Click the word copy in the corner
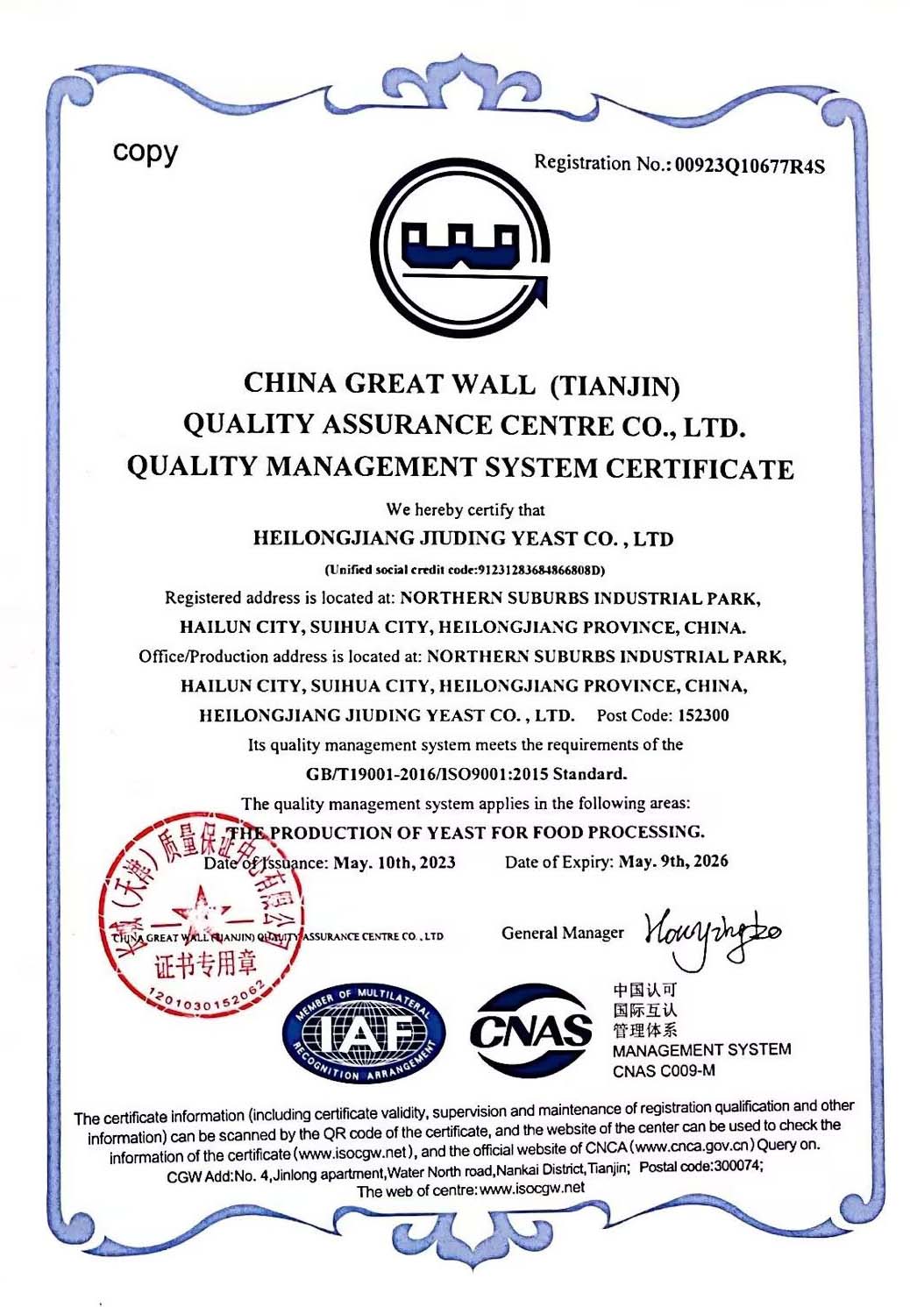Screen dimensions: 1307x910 click(145, 153)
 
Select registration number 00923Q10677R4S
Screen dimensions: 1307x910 click(750, 165)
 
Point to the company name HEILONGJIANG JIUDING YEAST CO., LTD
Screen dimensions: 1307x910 click(463, 538)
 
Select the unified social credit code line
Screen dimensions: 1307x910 click(465, 570)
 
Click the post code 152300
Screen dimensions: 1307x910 click(703, 715)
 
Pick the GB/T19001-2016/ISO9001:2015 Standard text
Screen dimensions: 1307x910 click(466, 774)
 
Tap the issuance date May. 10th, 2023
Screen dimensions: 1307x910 click(394, 863)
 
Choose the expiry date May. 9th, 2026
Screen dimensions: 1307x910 click(672, 862)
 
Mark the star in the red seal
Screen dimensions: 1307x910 click(201, 912)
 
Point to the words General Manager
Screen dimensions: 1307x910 click(563, 933)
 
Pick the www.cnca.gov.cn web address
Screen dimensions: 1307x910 click(693, 1147)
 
